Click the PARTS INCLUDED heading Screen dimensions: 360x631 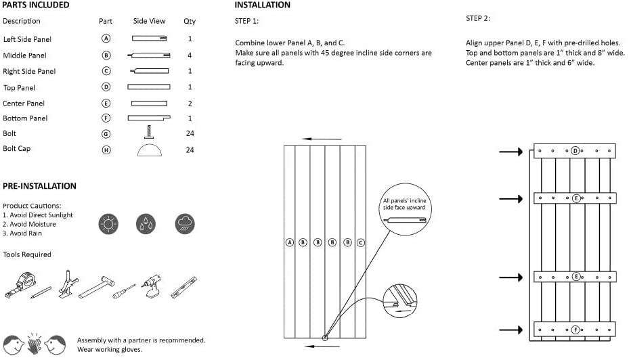point(36,5)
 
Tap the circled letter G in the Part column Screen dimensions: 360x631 point(106,134)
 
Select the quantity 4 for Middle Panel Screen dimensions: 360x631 point(190,55)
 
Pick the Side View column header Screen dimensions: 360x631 point(149,21)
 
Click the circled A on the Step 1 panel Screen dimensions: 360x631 point(289,242)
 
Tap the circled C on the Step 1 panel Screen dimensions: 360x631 point(360,242)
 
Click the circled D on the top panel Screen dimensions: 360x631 point(575,151)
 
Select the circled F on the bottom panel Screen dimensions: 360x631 point(575,330)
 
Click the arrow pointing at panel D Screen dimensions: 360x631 point(510,152)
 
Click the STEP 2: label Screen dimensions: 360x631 point(478,18)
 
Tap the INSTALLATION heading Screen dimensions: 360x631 point(263,5)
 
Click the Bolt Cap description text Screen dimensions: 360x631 point(17,149)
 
